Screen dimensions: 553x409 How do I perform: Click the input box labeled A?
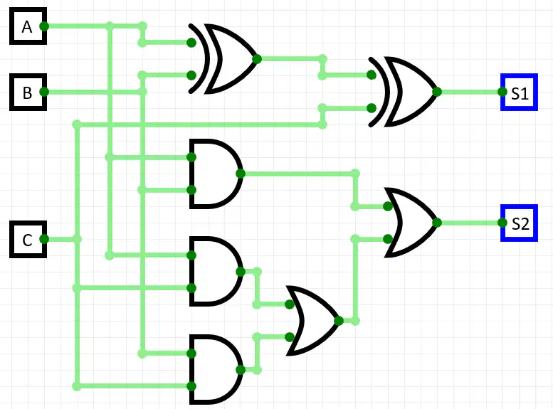(x=28, y=26)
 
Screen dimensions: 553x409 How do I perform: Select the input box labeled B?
(x=28, y=92)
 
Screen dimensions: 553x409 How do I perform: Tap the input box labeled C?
(x=28, y=239)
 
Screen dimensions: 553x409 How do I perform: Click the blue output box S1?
(x=519, y=92)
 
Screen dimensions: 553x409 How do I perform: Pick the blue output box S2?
(x=519, y=223)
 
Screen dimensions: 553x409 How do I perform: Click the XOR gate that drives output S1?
(x=404, y=92)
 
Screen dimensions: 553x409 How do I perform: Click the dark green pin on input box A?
(x=44, y=26)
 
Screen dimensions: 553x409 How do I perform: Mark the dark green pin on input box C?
(x=44, y=239)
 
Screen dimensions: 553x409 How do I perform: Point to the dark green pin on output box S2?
(x=502, y=223)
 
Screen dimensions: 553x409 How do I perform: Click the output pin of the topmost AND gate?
(x=241, y=174)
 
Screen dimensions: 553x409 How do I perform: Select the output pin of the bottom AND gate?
(x=241, y=370)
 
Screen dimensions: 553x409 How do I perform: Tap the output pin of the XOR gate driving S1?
(x=437, y=92)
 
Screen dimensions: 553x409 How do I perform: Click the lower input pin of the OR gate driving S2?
(x=388, y=239)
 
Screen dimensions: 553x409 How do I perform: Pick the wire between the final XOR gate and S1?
(x=470, y=92)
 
